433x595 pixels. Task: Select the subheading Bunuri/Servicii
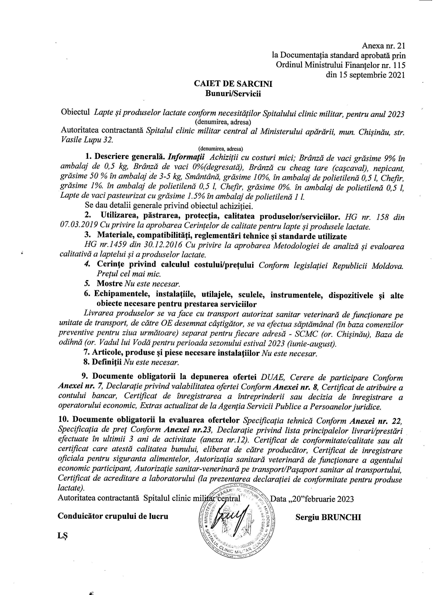tap(233, 94)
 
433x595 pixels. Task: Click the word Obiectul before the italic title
tap(76, 113)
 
